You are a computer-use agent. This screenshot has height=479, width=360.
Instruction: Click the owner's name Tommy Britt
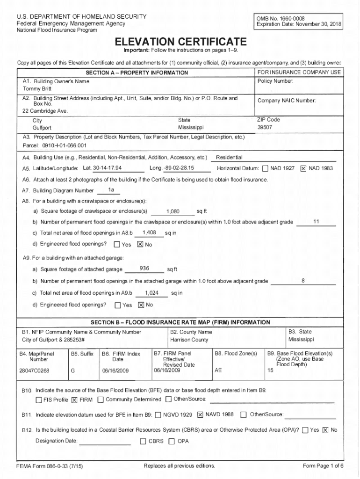point(34,89)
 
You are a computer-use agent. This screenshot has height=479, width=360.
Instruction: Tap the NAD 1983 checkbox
point(303,168)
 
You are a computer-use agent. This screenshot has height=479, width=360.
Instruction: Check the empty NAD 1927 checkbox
point(265,168)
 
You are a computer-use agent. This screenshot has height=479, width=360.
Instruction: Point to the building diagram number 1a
point(111,189)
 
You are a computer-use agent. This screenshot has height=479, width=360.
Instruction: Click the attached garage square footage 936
point(144,269)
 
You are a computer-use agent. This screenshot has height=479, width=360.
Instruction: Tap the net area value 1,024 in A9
point(151,293)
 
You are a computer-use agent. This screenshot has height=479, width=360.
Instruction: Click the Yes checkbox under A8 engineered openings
point(117,244)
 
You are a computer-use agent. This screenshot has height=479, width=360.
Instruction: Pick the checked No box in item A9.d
point(141,305)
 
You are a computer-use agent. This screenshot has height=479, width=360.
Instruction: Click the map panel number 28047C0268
point(35,370)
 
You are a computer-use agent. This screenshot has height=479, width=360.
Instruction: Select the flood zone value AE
point(218,370)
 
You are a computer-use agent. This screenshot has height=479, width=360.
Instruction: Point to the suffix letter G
point(72,370)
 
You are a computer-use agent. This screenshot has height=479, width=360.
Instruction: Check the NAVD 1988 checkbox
point(200,414)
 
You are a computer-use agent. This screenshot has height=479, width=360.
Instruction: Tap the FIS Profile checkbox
point(39,400)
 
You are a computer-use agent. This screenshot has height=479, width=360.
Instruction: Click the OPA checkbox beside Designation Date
point(172,441)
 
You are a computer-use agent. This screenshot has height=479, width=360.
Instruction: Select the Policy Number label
point(275,81)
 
